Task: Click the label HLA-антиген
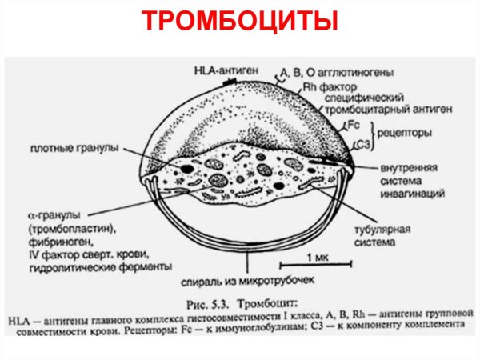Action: point(222,69)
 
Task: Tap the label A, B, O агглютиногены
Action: point(335,74)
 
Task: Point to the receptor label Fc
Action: point(357,125)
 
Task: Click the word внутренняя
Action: point(386,169)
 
